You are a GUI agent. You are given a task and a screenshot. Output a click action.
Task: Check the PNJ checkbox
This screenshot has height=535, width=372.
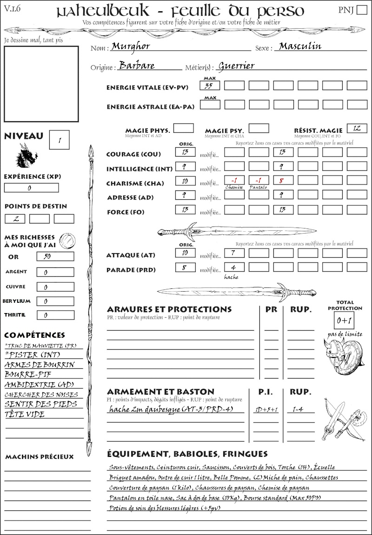pos(361,10)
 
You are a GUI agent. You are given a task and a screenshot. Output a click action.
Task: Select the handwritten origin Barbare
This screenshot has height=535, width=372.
pos(137,65)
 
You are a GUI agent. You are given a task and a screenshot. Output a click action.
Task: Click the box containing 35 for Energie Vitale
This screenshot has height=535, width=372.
pos(210,85)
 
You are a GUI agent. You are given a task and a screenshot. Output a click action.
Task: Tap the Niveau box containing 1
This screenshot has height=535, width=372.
pos(60,139)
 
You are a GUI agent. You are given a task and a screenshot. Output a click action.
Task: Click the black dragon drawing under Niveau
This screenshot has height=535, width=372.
pos(26,156)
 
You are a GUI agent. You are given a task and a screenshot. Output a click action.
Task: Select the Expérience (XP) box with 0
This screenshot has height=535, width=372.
pos(31,188)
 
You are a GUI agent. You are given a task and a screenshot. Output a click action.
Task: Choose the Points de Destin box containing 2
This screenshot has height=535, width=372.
pos(15,219)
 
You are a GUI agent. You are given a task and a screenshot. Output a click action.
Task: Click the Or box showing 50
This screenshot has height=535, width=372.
pos(54,256)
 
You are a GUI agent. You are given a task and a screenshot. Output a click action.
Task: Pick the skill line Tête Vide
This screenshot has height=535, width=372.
pos(25,414)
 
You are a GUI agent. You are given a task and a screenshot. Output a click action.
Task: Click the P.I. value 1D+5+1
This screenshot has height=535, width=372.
pos(266,410)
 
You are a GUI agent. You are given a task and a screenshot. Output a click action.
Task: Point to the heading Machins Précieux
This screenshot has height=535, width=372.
pos(40,457)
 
